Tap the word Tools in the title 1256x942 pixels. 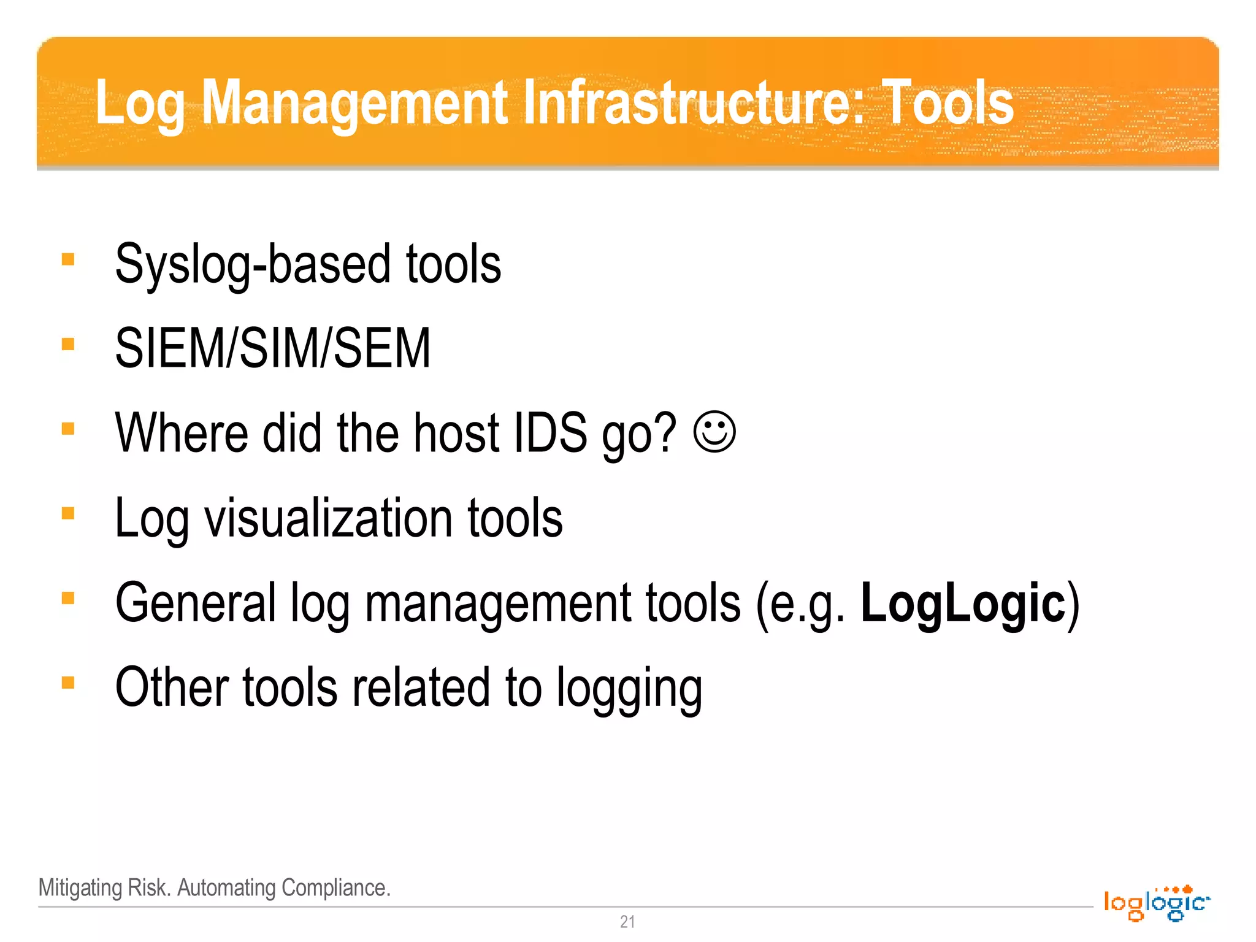948,103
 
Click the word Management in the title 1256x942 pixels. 354,103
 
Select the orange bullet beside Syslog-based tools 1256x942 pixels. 68,259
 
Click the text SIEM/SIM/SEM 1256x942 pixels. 273,348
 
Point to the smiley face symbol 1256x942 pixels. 714,432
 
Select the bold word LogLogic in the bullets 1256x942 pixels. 963,603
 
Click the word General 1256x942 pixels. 196,603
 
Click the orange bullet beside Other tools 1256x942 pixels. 68,683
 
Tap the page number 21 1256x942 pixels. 627,922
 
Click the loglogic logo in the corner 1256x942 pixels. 1156,903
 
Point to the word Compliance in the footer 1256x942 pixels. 335,888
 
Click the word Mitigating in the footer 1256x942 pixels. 80,888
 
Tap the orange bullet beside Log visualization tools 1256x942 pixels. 68,513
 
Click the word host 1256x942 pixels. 457,433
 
